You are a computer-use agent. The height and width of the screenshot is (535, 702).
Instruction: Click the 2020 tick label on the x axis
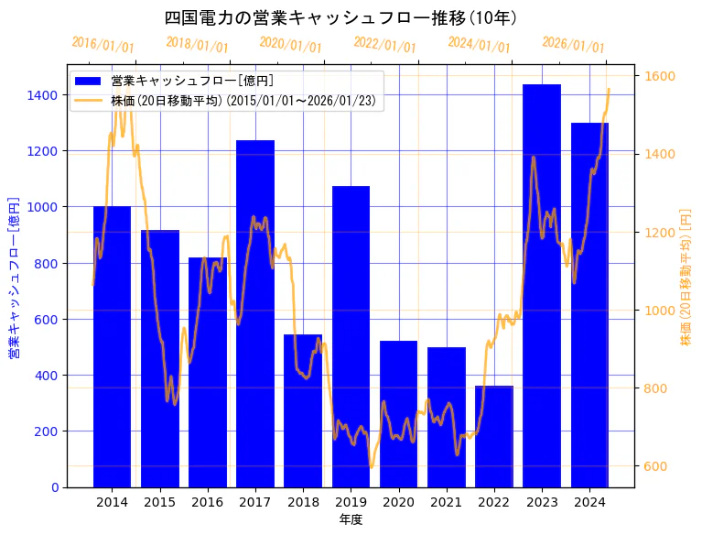point(398,502)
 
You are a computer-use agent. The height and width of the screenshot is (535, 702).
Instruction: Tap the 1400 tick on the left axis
point(42,95)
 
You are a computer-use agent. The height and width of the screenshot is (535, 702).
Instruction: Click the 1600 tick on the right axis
point(662,76)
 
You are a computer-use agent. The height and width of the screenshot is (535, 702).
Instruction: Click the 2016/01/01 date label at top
point(103,45)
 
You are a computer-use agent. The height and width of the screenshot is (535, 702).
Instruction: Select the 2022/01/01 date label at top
point(384,45)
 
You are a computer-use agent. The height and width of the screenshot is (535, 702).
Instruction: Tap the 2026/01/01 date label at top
point(573,45)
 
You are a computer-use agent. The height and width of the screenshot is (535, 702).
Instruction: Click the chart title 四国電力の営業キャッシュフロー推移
point(341,17)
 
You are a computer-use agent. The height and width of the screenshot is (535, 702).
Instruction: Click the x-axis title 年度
point(351,519)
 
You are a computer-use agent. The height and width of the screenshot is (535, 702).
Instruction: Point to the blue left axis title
point(14,277)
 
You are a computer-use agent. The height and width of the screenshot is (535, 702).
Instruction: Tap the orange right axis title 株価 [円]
point(686,277)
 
